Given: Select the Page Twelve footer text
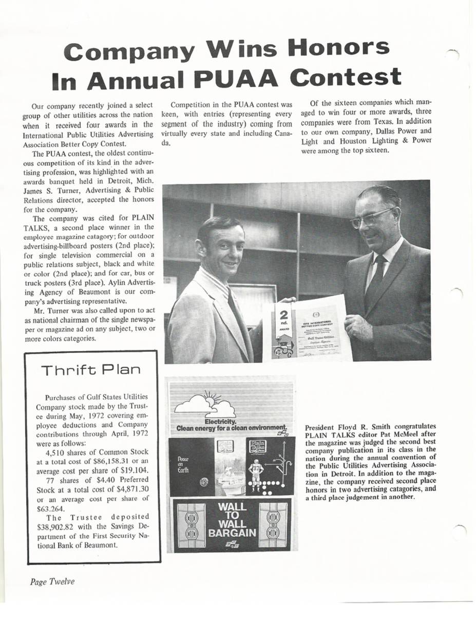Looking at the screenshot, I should click(x=52, y=582).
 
